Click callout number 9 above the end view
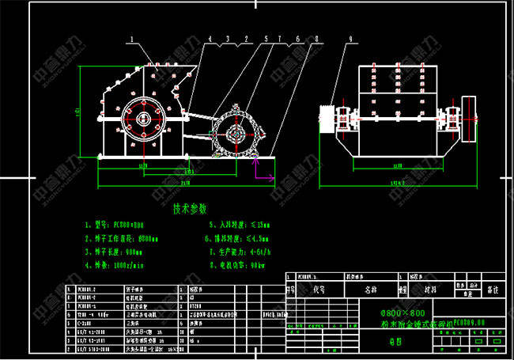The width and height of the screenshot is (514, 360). click(x=350, y=37)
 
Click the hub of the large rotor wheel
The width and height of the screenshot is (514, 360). click(x=143, y=119)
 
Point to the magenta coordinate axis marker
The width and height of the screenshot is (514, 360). click(x=255, y=162)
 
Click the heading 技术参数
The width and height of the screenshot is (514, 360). click(x=191, y=209)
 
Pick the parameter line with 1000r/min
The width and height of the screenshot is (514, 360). click(x=119, y=266)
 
